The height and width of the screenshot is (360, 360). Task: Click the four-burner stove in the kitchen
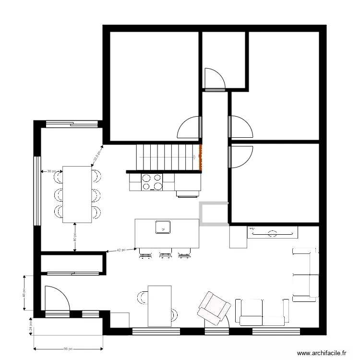tap(152, 182)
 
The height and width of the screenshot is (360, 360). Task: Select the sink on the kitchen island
tap(163, 226)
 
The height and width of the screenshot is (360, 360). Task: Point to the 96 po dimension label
tap(68, 349)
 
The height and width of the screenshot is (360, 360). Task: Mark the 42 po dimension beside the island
tap(121, 250)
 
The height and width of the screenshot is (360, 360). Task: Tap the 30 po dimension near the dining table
tap(51, 171)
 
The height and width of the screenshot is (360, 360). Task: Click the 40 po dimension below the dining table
tap(74, 237)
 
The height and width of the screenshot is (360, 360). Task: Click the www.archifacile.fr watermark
tap(322, 353)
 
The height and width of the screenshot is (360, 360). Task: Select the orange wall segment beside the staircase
tap(201, 157)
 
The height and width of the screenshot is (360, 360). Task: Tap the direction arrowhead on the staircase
tap(194, 157)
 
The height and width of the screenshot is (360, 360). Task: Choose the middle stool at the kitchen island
tap(165, 253)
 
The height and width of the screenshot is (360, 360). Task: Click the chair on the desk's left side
tap(142, 298)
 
